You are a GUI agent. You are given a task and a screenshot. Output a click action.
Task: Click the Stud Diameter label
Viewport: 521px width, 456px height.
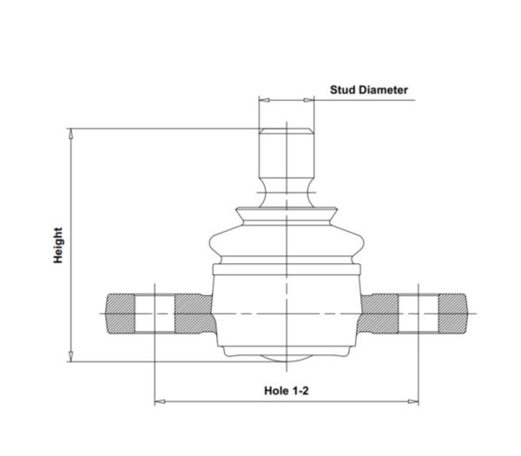368,89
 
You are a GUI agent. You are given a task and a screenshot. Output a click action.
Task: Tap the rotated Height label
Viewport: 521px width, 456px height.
58,245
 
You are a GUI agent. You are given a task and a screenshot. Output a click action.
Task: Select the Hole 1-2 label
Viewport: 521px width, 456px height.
286,391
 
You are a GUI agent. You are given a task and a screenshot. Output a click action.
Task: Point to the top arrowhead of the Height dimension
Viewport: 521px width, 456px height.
70,134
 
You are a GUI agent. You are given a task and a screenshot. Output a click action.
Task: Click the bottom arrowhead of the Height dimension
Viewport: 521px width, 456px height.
70,356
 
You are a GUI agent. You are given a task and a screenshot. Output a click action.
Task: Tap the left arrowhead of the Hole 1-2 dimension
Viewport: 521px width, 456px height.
160,401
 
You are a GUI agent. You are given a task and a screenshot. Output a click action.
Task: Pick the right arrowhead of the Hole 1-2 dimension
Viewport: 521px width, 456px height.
413,401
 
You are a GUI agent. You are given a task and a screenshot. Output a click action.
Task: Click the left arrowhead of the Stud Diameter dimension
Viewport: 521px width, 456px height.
264,100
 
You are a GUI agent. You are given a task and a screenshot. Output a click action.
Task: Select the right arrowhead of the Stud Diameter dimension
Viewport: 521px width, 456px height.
309,100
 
